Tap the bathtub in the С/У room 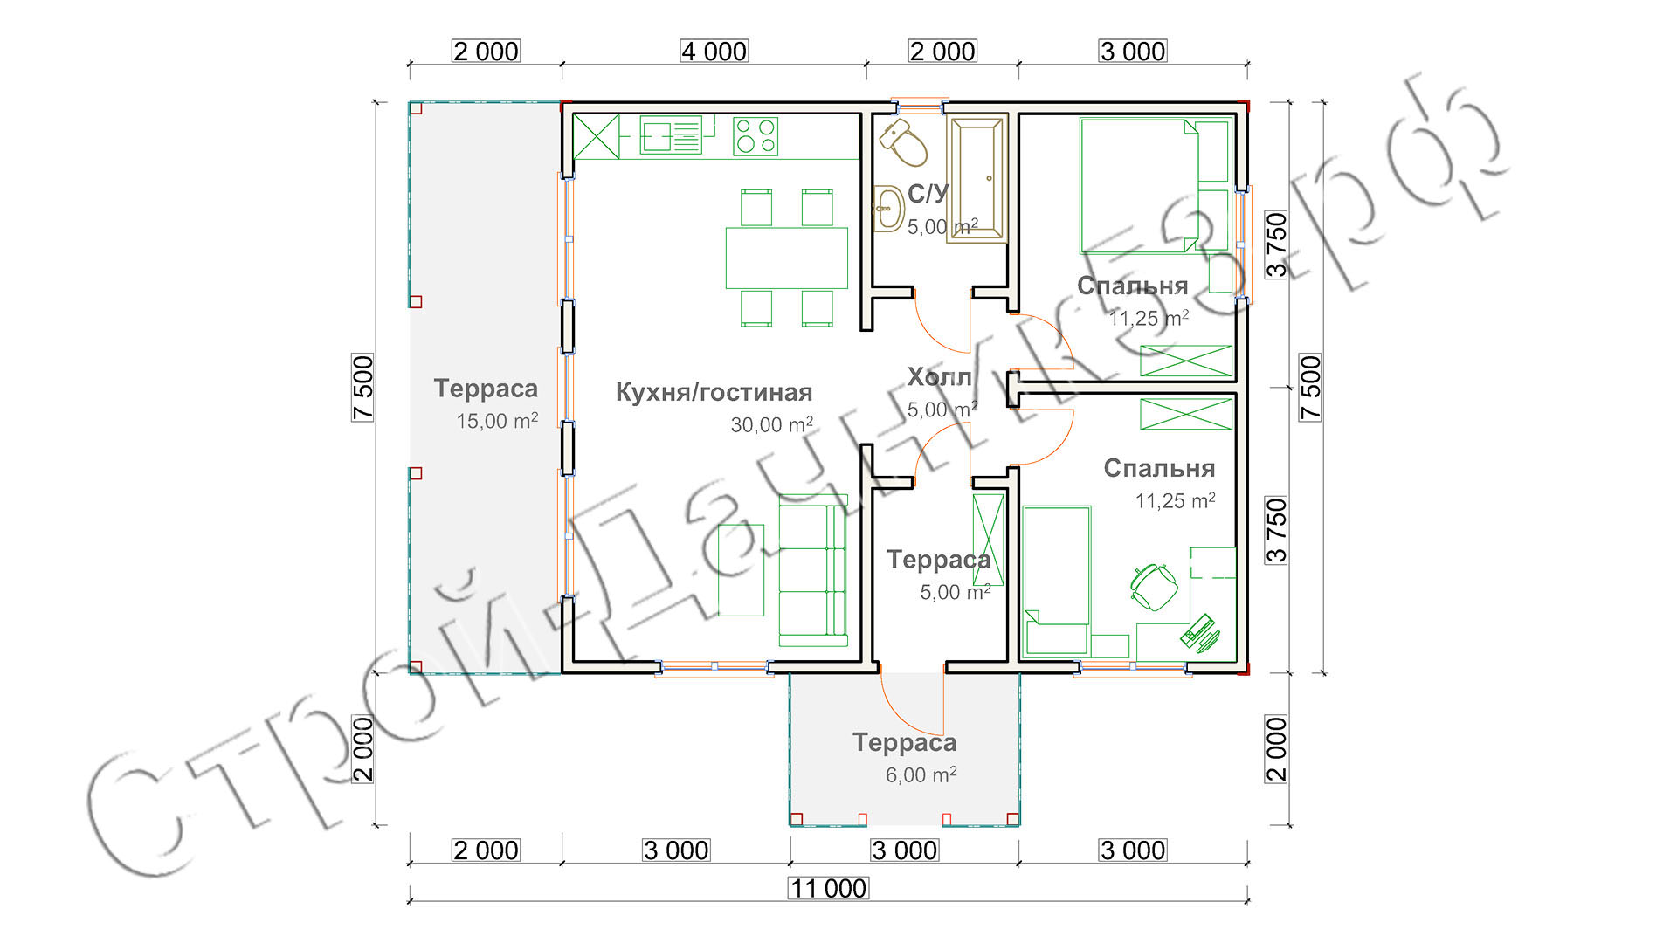click(977, 181)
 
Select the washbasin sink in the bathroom click(888, 208)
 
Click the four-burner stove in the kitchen click(756, 136)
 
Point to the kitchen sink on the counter click(671, 136)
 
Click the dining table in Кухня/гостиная click(786, 258)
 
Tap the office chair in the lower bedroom click(1154, 586)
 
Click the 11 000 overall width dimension click(828, 889)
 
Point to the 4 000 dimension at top click(714, 52)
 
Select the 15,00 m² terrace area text click(497, 421)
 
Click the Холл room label click(940, 377)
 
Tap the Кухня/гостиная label click(714, 392)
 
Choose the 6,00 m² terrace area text click(921, 774)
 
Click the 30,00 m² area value click(772, 424)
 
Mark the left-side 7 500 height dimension click(363, 388)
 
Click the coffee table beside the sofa click(741, 570)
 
